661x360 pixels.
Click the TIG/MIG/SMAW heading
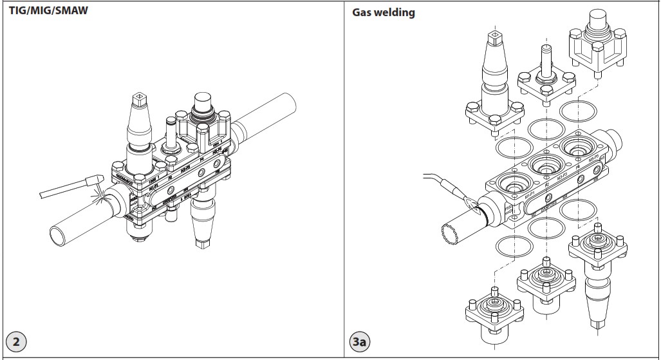click(48, 11)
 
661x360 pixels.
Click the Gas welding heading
click(384, 12)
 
